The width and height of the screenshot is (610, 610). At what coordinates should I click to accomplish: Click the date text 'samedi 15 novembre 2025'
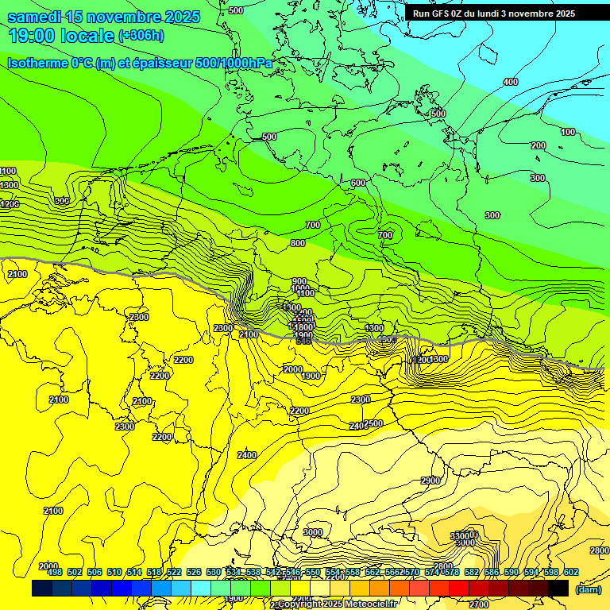pos(104,17)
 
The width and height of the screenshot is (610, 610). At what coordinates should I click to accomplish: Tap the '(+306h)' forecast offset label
pos(141,36)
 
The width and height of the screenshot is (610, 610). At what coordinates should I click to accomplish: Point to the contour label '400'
pos(511,82)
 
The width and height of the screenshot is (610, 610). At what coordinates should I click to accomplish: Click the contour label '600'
pos(358,183)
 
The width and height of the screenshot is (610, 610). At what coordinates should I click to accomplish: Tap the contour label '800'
pos(297,243)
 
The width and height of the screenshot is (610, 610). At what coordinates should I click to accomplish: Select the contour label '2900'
pos(430,481)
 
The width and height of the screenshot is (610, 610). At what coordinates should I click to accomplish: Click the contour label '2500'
pos(374,423)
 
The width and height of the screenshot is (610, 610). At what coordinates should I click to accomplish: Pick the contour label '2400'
pos(247,455)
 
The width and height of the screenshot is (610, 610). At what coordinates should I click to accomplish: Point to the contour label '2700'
pos(479,604)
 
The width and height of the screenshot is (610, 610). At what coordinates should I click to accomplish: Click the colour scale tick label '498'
pos(55,572)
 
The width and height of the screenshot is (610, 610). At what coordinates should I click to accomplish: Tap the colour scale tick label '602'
pos(570,572)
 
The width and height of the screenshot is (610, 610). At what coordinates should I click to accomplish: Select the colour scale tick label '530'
pos(214,572)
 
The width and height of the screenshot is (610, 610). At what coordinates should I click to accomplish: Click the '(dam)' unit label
pos(588,589)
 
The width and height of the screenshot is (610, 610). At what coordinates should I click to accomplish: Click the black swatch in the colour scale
pos(558,589)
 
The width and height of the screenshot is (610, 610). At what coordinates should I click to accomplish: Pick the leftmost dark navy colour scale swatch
pos(42,589)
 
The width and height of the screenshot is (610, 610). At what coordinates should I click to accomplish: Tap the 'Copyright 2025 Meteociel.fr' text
pos(337,604)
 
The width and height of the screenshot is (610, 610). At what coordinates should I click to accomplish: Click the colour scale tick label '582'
pos(472,572)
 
